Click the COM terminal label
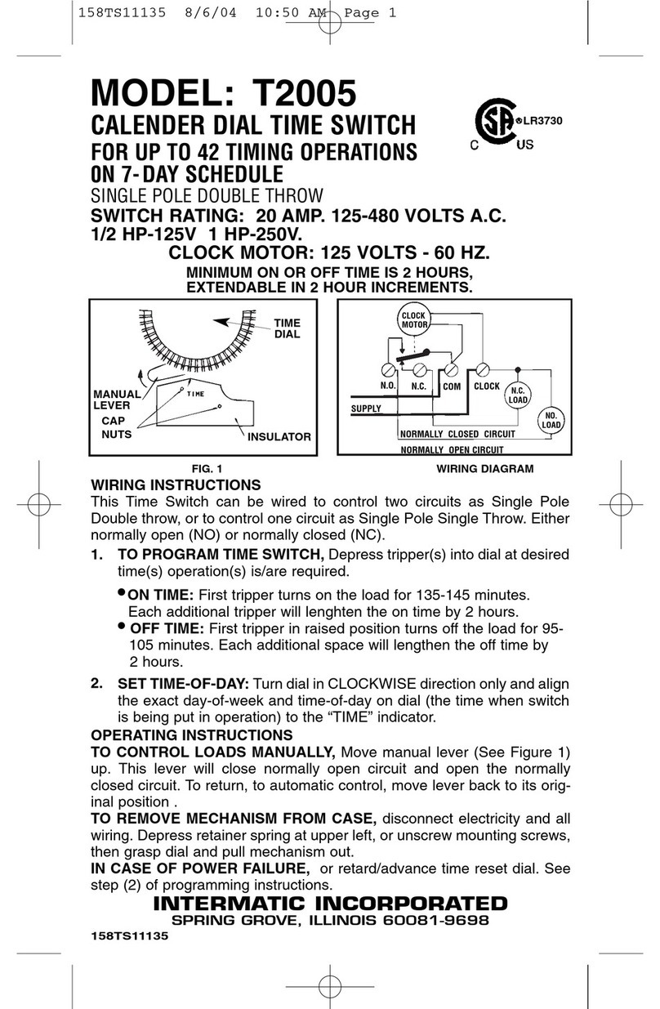point(452,386)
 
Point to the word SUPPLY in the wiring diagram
point(366,409)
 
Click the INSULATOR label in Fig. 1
point(279,436)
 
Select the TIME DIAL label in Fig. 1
point(287,328)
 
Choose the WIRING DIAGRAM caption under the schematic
point(484,469)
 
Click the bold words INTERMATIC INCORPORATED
point(330,903)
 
